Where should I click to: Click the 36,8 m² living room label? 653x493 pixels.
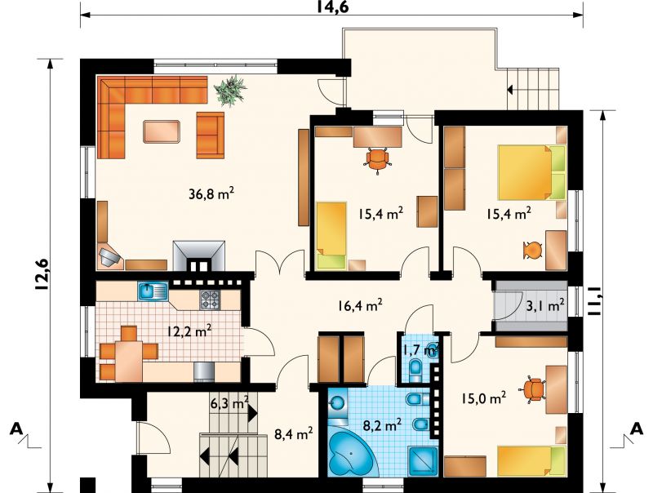pos(211,193)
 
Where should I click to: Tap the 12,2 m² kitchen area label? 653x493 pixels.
pos(189,331)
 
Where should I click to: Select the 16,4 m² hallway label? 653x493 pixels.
pos(360,305)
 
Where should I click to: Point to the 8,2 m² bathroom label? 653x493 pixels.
pos(382,425)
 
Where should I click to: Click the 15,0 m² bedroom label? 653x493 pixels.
pos(483,398)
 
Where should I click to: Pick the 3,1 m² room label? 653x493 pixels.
pos(545,306)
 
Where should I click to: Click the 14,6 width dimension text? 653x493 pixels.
pos(333,7)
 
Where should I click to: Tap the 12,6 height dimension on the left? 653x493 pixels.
pos(42,274)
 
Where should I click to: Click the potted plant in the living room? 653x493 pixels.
pos(229,90)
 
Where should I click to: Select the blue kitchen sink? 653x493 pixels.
pos(153,291)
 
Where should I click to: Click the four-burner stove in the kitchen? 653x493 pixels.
pos(210,300)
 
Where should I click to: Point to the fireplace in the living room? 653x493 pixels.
pos(199,256)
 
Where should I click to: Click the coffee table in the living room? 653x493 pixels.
pos(162,131)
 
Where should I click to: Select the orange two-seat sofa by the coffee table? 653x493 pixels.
pos(210,135)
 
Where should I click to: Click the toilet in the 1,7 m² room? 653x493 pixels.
pos(416,368)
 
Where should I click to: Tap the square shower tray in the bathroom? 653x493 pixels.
pos(422,461)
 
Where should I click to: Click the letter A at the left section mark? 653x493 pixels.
pos(16,429)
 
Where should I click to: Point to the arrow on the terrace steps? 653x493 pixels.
pos(509,89)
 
